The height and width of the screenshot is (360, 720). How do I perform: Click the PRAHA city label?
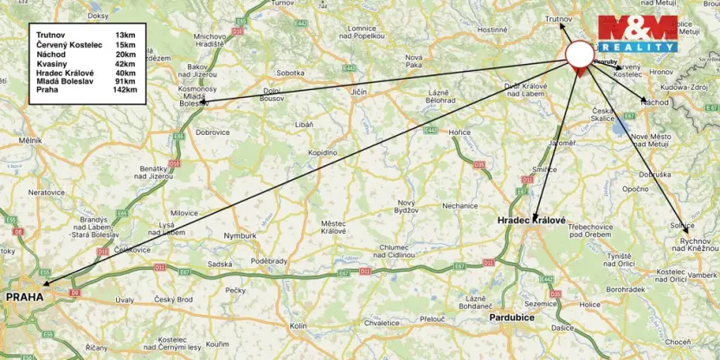pyautogui.click(x=25, y=297)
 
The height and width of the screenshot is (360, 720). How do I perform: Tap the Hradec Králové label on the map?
pyautogui.click(x=531, y=222)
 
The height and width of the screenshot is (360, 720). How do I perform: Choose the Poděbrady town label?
pyautogui.click(x=269, y=260)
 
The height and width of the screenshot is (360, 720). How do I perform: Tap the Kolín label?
pyautogui.click(x=299, y=325)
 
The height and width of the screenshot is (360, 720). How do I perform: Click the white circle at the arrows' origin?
pyautogui.click(x=580, y=54)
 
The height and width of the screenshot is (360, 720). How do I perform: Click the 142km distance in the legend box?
pyautogui.click(x=125, y=90)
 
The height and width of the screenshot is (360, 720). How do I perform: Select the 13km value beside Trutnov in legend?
pyautogui.click(x=125, y=35)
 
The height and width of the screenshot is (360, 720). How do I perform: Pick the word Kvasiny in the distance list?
pyautogui.click(x=52, y=62)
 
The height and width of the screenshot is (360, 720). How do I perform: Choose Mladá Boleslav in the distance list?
pyautogui.click(x=65, y=81)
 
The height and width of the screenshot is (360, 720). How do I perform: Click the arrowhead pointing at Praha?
pyautogui.click(x=42, y=283)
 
